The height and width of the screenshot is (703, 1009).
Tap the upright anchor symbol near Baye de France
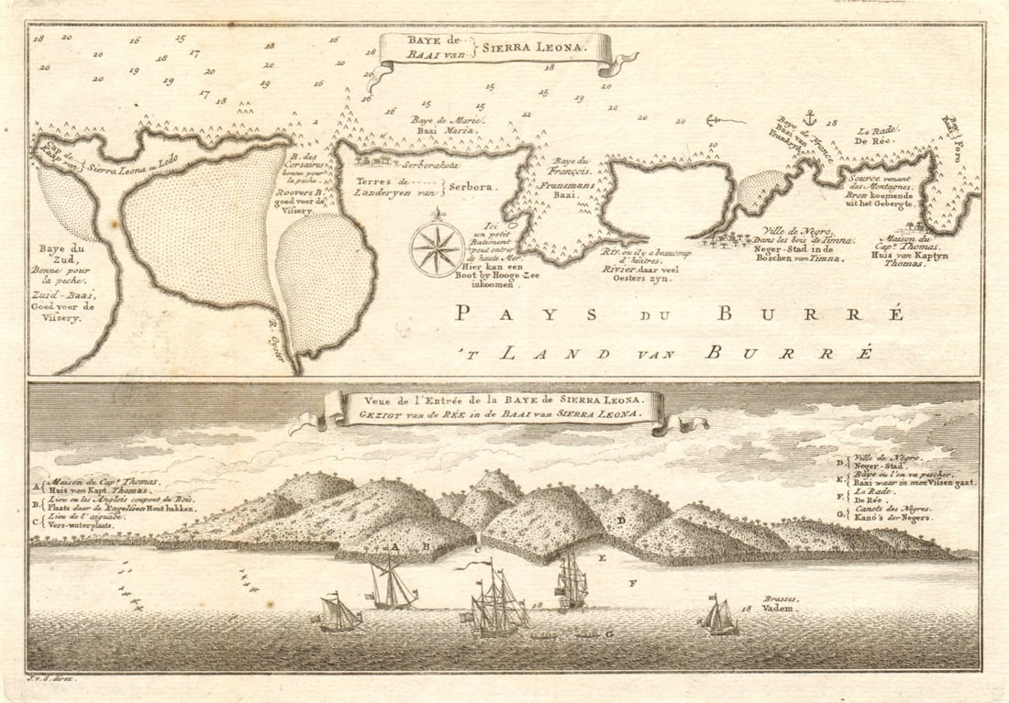pyautogui.click(x=809, y=118)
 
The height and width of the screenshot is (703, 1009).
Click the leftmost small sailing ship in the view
pyautogui.click(x=338, y=612)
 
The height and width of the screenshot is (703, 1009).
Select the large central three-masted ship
pyautogui.click(x=496, y=601)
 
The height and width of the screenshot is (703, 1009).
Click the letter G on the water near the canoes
pyautogui.click(x=608, y=633)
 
